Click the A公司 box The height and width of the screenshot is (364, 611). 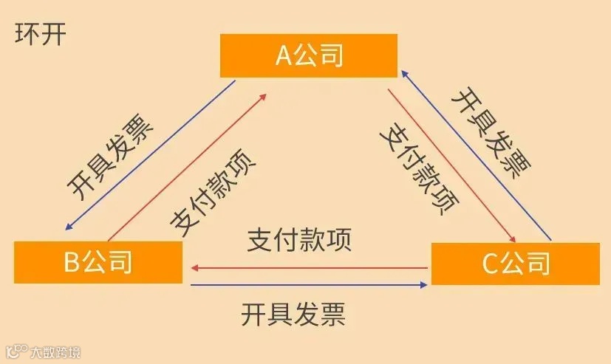click(x=309, y=55)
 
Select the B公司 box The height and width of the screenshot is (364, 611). click(x=98, y=262)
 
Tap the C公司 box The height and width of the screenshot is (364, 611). click(x=515, y=263)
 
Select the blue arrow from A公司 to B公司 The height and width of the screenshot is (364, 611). click(x=148, y=156)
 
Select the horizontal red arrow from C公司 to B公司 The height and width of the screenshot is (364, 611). click(x=310, y=267)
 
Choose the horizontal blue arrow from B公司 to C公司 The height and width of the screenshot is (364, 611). click(x=310, y=284)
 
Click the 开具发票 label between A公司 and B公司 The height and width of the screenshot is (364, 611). click(x=111, y=156)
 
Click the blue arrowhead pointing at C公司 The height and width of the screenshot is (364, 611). click(x=423, y=284)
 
